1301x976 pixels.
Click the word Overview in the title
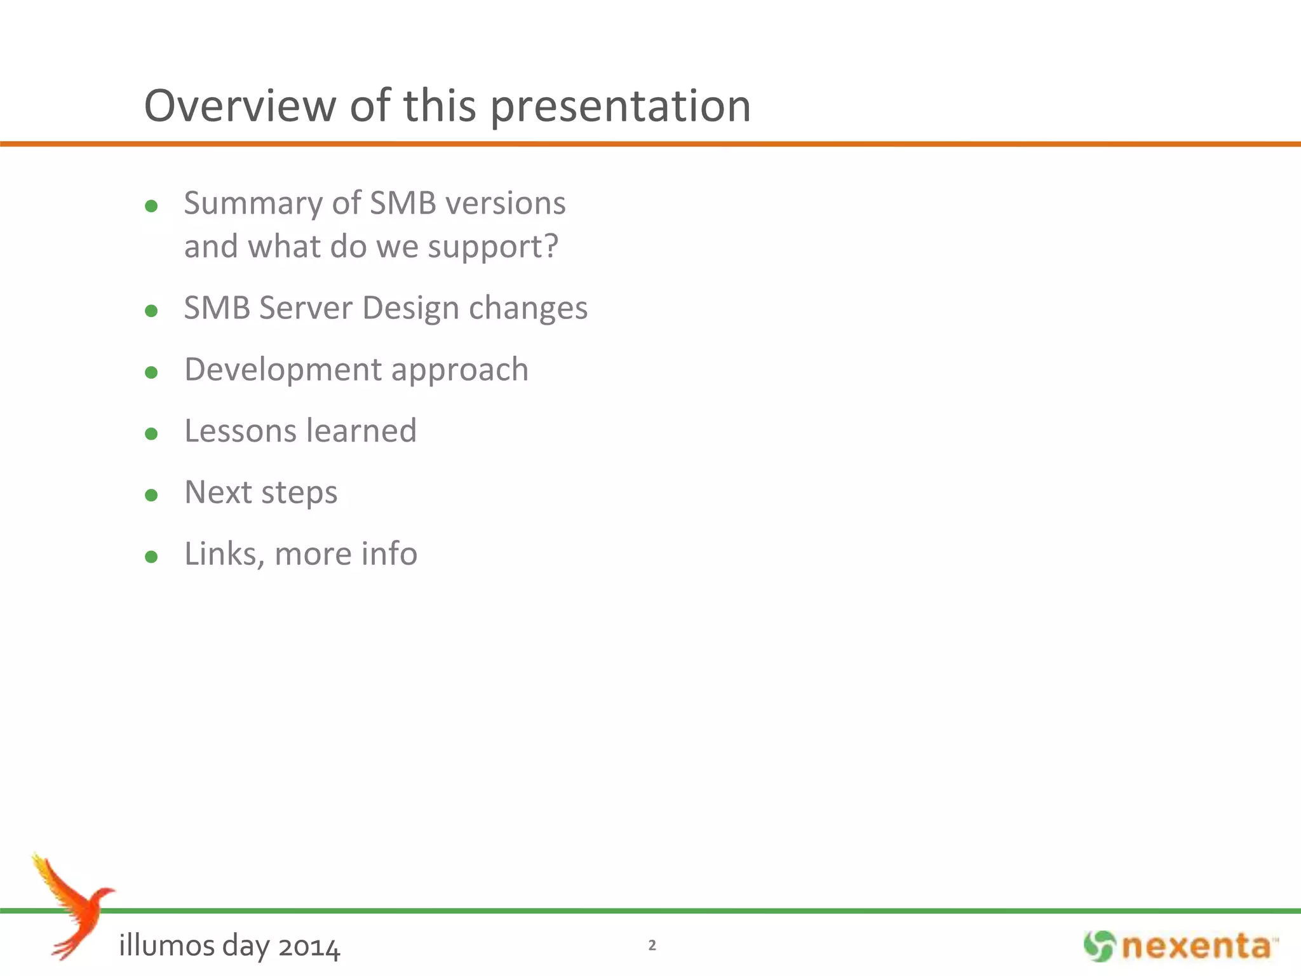[x=240, y=105]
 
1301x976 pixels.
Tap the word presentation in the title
[x=621, y=107]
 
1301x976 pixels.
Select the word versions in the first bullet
[x=505, y=203]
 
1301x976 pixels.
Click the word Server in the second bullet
[x=306, y=308]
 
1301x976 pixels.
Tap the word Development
[x=283, y=370]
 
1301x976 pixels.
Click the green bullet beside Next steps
[x=151, y=495]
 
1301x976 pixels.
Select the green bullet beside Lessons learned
[x=151, y=434]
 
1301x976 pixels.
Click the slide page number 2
[x=652, y=945]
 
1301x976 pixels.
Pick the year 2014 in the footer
[x=309, y=947]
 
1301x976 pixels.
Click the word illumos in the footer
[x=166, y=946]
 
